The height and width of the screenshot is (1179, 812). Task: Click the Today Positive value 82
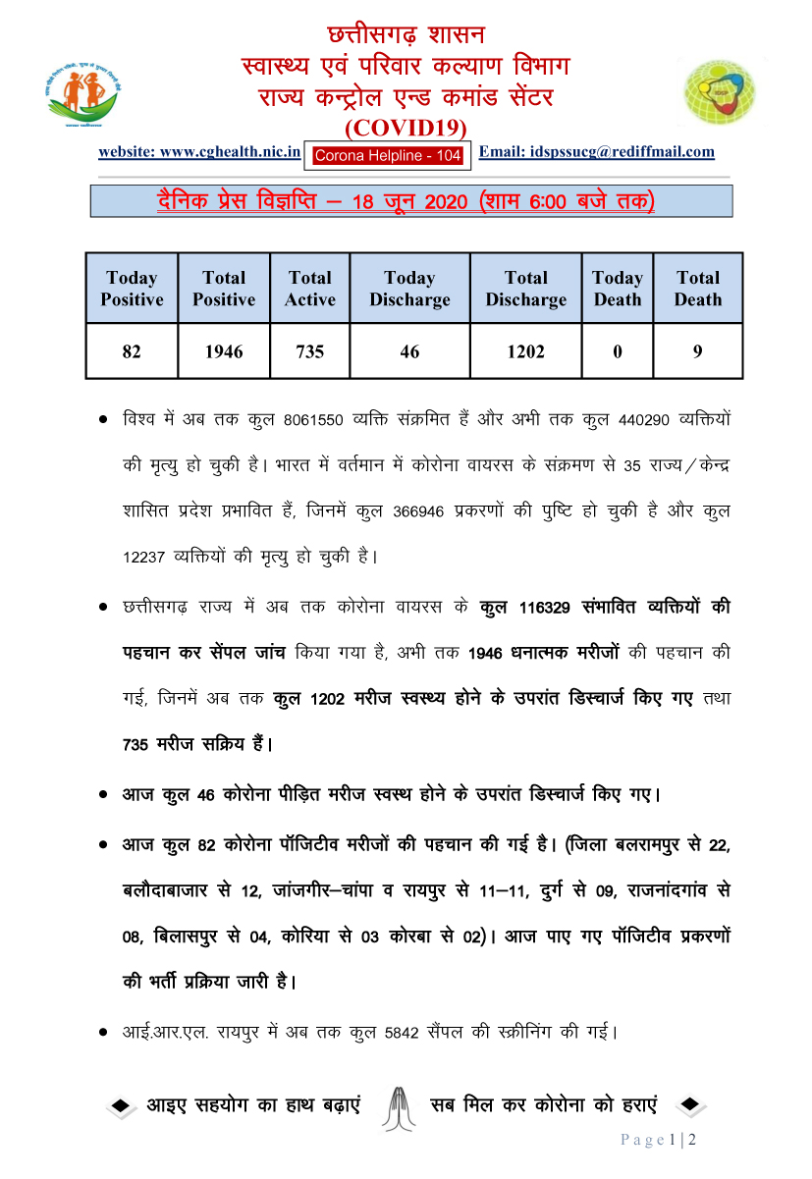pyautogui.click(x=132, y=350)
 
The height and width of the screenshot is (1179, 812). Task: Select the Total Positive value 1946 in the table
pyautogui.click(x=224, y=350)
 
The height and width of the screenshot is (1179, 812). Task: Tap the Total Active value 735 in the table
pyautogui.click(x=309, y=350)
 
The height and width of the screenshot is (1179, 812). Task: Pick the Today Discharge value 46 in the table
pyautogui.click(x=409, y=350)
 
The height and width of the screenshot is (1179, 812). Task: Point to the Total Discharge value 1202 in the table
pyautogui.click(x=525, y=350)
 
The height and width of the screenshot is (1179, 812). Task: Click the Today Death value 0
pyautogui.click(x=617, y=350)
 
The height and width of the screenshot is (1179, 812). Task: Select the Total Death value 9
pyautogui.click(x=697, y=350)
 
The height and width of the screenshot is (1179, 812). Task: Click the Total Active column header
pyautogui.click(x=309, y=289)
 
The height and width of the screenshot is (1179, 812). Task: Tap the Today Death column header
pyautogui.click(x=617, y=289)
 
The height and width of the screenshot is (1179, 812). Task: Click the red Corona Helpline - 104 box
pyautogui.click(x=387, y=154)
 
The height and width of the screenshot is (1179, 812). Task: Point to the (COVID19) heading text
pyautogui.click(x=406, y=128)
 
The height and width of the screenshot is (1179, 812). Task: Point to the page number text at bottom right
pyautogui.click(x=658, y=1140)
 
